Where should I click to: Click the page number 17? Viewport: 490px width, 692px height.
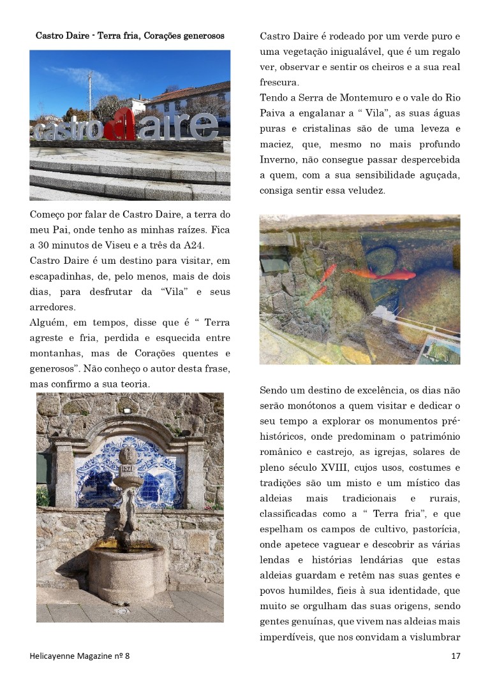(x=455, y=656)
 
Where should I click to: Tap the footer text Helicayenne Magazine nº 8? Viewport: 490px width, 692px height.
(x=80, y=656)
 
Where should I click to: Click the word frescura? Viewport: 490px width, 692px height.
(x=281, y=82)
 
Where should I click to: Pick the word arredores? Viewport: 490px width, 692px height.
(x=53, y=307)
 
